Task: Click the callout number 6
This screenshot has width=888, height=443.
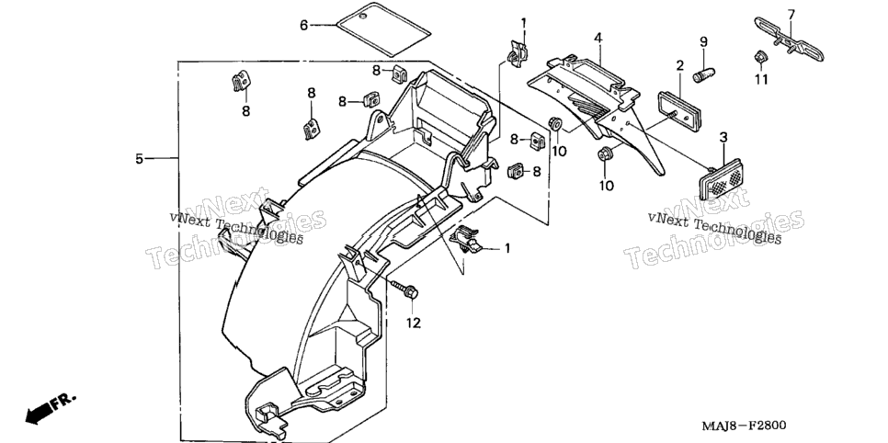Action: pyautogui.click(x=304, y=26)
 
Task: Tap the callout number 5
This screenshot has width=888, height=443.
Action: pyautogui.click(x=140, y=159)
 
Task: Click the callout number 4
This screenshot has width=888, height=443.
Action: pyautogui.click(x=598, y=38)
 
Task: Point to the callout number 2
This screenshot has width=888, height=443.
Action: pyautogui.click(x=679, y=66)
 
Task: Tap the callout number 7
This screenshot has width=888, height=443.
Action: pyautogui.click(x=791, y=14)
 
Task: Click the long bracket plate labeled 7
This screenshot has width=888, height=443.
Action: pyautogui.click(x=789, y=39)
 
